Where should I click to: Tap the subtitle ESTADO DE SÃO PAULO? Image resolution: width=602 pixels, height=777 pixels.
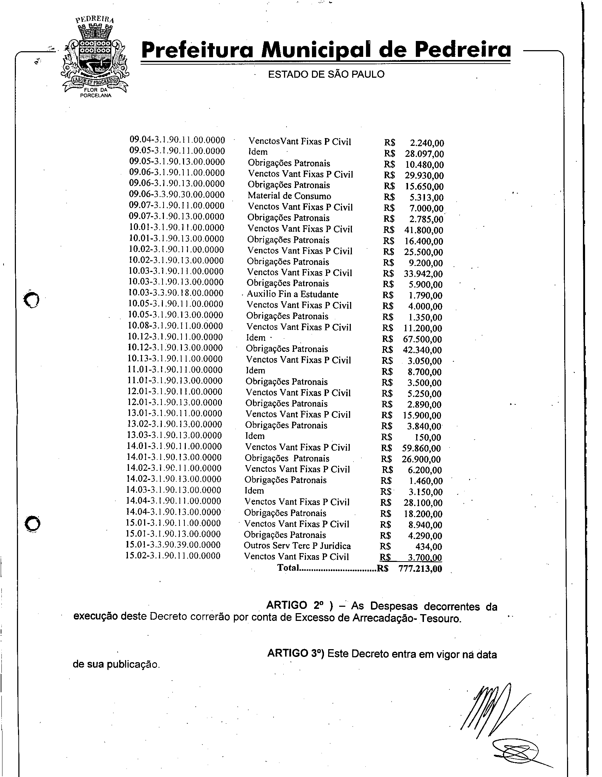326,75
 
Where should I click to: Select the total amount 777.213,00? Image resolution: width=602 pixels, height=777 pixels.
420,569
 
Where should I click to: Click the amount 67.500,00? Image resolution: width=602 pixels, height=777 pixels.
422,339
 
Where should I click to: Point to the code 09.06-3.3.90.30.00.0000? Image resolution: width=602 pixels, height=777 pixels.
177,195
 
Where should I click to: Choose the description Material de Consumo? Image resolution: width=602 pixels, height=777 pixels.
289,196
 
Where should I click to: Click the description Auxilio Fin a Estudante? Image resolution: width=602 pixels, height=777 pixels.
293,294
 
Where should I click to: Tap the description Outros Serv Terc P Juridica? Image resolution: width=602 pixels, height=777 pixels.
297,546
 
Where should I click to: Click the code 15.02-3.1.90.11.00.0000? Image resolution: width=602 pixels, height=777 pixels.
173,556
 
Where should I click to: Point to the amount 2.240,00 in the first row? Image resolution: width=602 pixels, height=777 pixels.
427,143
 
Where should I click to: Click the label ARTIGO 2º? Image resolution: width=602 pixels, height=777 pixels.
294,605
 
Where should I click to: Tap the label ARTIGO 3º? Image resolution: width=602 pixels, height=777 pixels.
295,653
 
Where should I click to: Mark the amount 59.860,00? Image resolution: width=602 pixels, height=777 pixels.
421,448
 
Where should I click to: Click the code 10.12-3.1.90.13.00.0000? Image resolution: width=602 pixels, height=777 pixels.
175,348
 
